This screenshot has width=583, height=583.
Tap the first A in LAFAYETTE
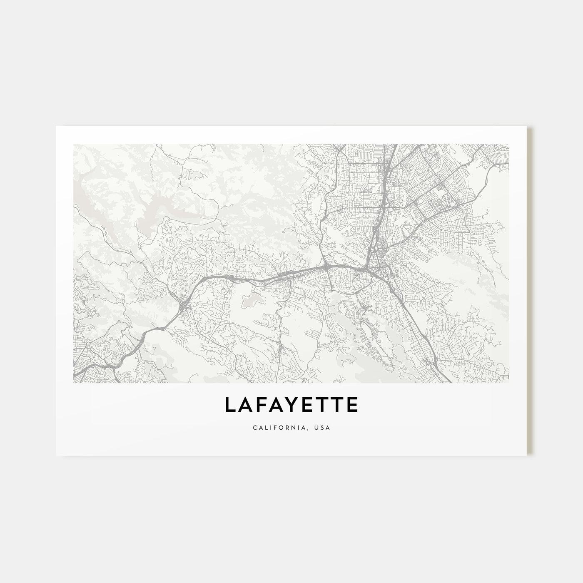[244, 405]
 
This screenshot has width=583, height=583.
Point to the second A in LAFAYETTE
[275, 405]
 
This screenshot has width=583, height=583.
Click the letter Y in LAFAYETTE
[291, 405]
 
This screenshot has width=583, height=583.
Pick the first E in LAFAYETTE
[306, 405]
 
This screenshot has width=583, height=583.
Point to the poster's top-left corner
[56, 126]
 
